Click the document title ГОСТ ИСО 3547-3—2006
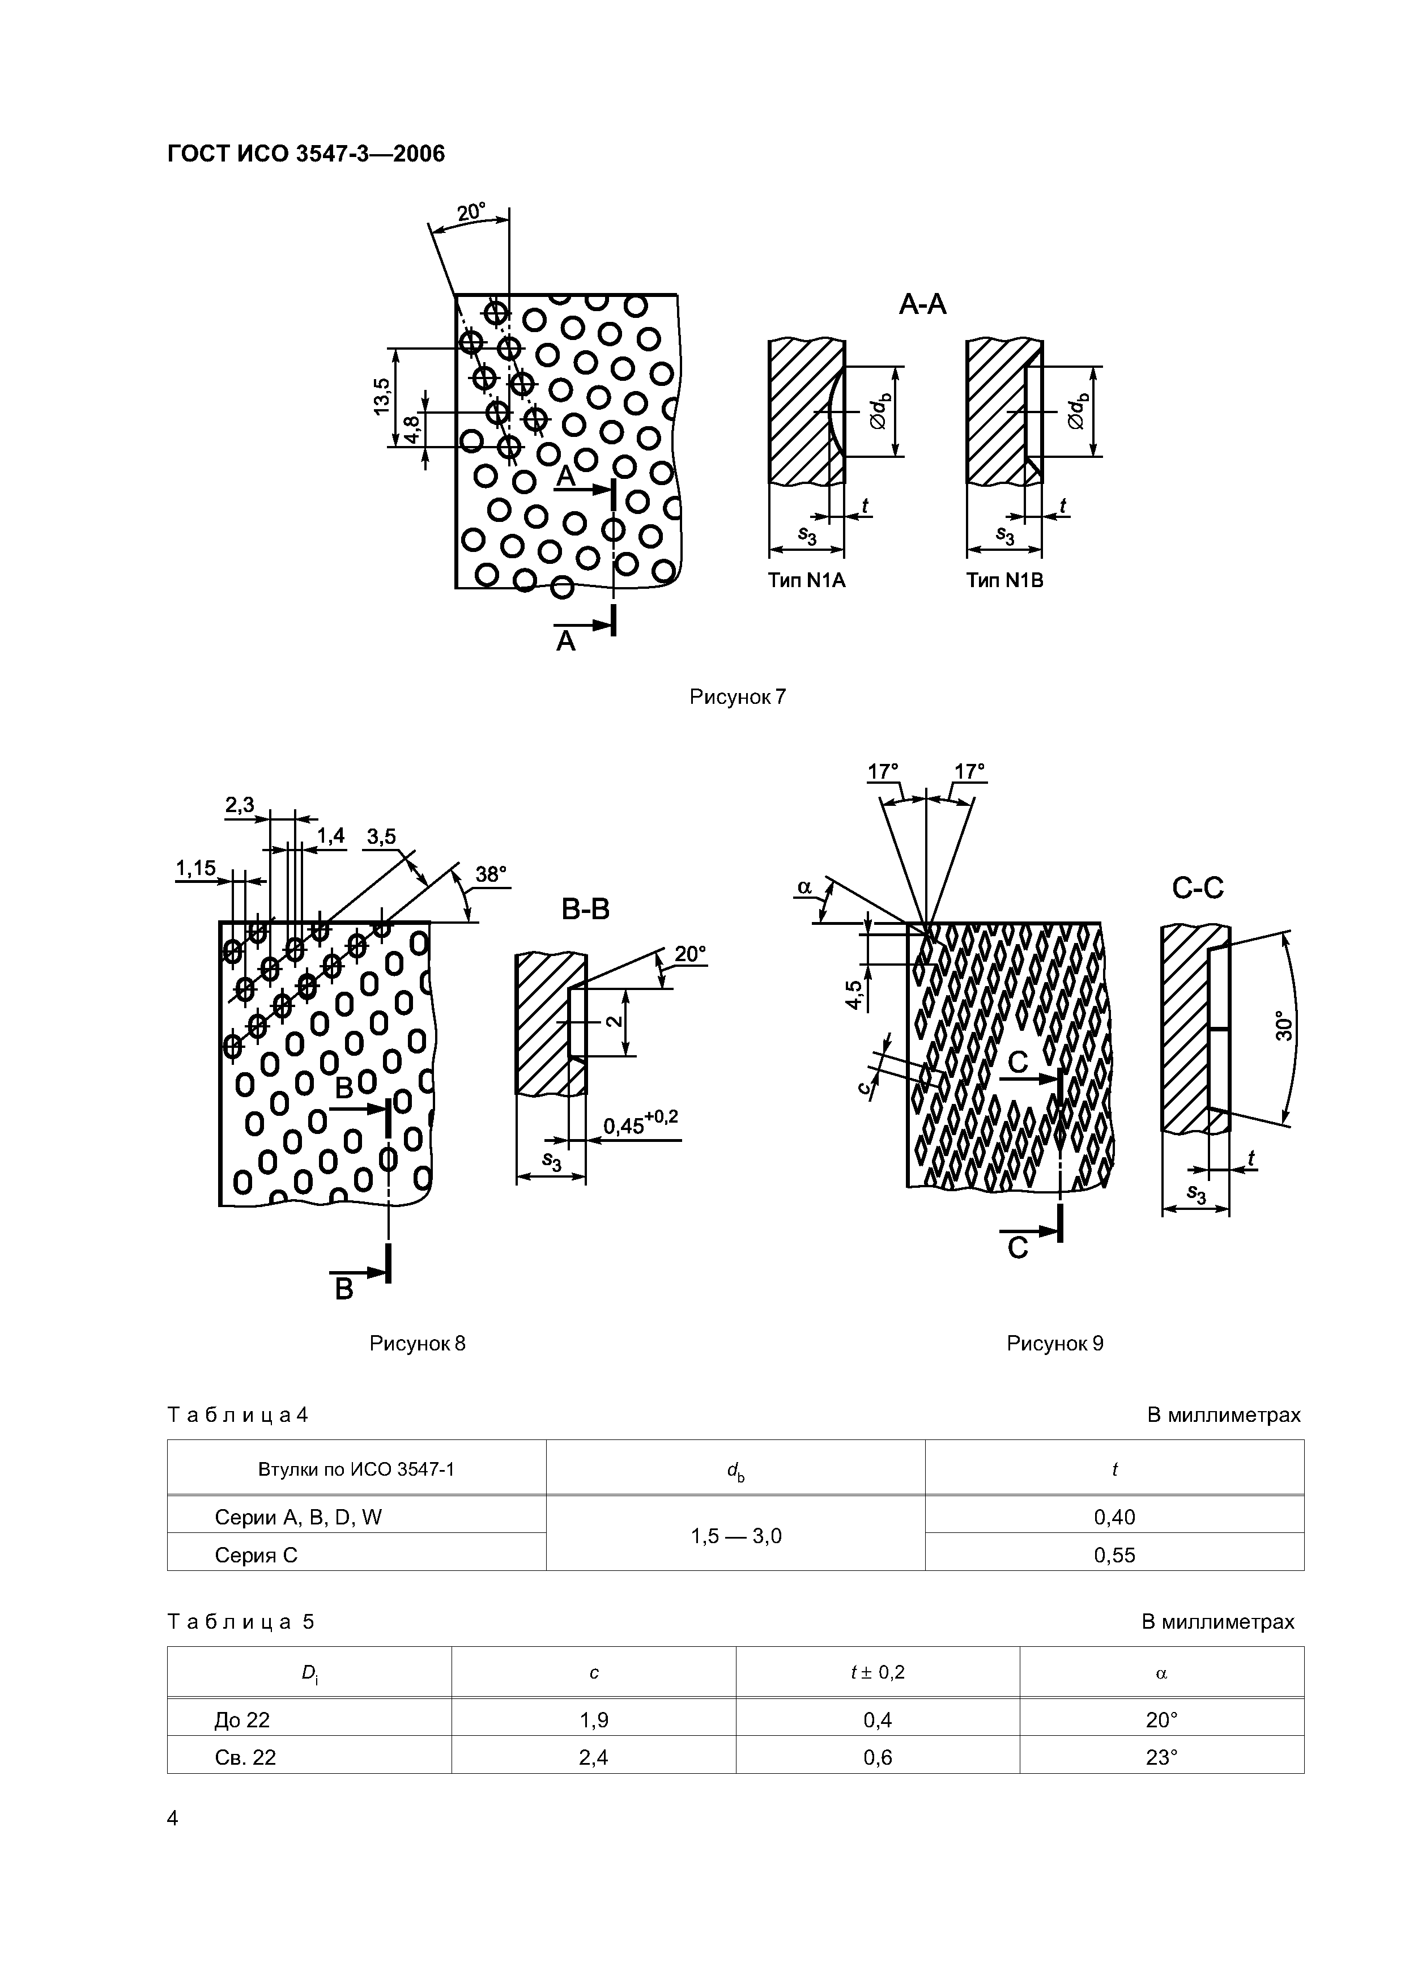[305, 154]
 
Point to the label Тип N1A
[806, 581]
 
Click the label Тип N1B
[1004, 581]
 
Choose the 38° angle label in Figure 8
[491, 874]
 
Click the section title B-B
[585, 909]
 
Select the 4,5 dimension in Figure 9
[854, 994]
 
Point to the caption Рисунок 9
[1054, 1344]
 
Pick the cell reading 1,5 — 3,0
[736, 1536]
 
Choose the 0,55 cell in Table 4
[1114, 1555]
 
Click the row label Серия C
[256, 1555]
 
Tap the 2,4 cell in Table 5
[594, 1757]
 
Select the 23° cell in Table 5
[1162, 1757]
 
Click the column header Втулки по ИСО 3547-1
[356, 1469]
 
